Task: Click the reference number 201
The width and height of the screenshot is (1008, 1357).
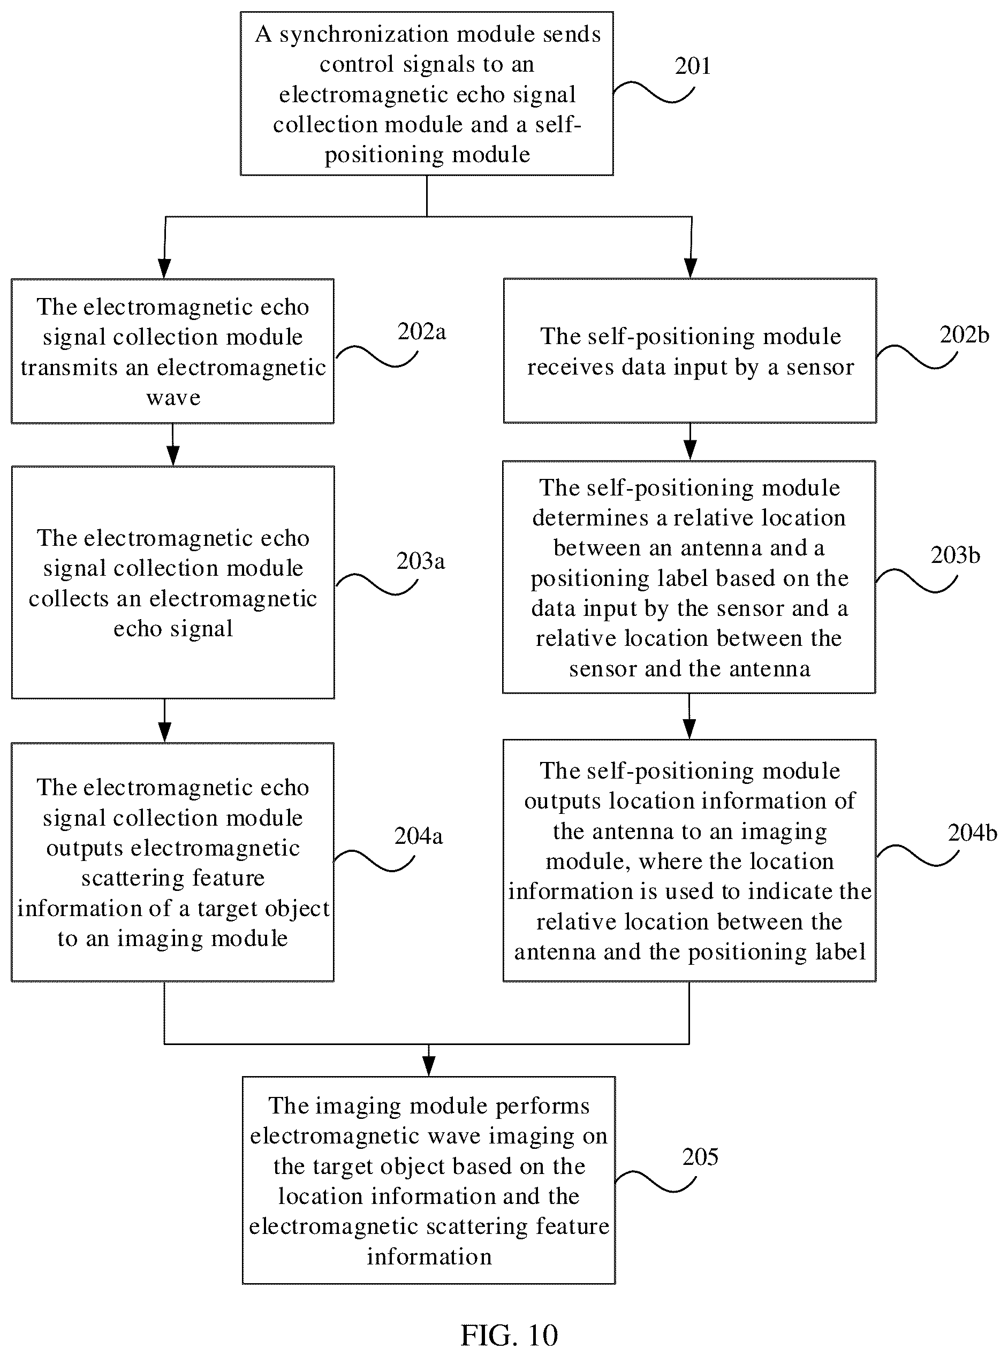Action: tap(693, 66)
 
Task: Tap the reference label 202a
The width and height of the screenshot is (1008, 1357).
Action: tap(422, 332)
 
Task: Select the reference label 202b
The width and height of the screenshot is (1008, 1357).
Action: tap(964, 335)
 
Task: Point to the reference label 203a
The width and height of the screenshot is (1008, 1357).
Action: tap(420, 561)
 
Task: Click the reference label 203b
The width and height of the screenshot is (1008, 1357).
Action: tap(955, 555)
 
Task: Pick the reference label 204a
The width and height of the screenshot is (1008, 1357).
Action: tap(419, 835)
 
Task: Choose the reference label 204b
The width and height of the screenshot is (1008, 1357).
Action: tap(973, 833)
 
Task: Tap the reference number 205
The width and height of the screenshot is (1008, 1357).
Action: tap(701, 1157)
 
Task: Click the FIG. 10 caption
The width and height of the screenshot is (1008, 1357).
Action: tap(509, 1335)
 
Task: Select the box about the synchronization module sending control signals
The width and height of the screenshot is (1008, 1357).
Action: tap(427, 93)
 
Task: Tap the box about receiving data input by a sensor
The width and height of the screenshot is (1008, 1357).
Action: tap(689, 350)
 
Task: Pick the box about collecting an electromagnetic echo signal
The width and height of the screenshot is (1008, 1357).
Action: tap(173, 582)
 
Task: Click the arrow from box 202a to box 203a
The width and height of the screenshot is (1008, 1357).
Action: tap(173, 445)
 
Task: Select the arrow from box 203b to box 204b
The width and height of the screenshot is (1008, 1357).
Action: tap(689, 716)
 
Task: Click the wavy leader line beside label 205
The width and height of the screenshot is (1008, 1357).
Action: tap(655, 1181)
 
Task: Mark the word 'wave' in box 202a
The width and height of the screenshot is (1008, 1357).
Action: tap(173, 398)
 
